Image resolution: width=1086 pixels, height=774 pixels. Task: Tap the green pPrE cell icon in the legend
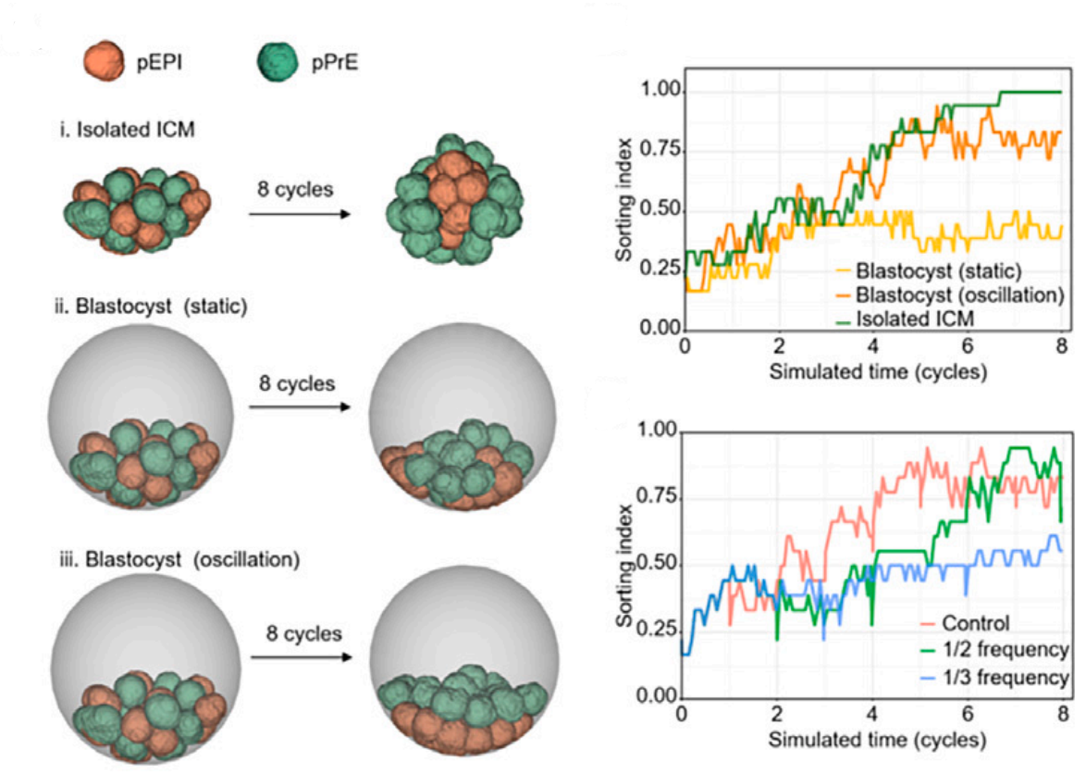(275, 62)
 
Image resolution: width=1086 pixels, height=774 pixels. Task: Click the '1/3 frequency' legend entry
(999, 678)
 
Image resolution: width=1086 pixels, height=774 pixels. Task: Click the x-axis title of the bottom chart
(873, 741)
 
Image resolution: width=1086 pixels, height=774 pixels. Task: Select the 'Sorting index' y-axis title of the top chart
(625, 212)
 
